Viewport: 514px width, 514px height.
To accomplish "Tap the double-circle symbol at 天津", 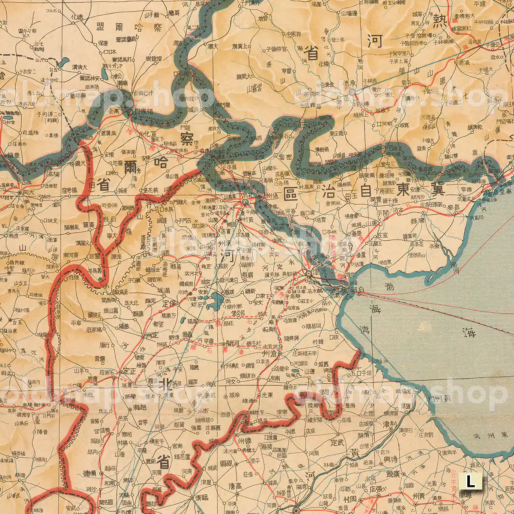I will (x=308, y=274).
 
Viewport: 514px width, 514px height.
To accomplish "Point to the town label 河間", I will (x=234, y=343).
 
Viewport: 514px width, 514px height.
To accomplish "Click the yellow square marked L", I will (x=471, y=481).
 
